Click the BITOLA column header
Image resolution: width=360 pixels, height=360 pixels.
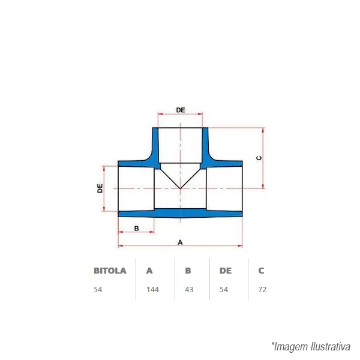point(110,271)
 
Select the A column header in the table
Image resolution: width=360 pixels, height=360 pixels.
point(149,271)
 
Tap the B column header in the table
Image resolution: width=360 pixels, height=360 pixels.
point(188,271)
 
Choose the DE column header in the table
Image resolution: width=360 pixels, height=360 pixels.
point(226,271)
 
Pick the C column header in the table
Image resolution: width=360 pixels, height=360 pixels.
point(261,271)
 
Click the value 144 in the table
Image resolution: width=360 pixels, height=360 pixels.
point(152,290)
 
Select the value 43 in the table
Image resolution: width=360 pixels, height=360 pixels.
point(189,290)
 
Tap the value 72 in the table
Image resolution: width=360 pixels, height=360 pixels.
point(263,290)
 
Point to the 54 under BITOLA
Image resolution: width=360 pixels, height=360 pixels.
point(98,290)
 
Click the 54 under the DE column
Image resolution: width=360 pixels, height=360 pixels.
point(224,290)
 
